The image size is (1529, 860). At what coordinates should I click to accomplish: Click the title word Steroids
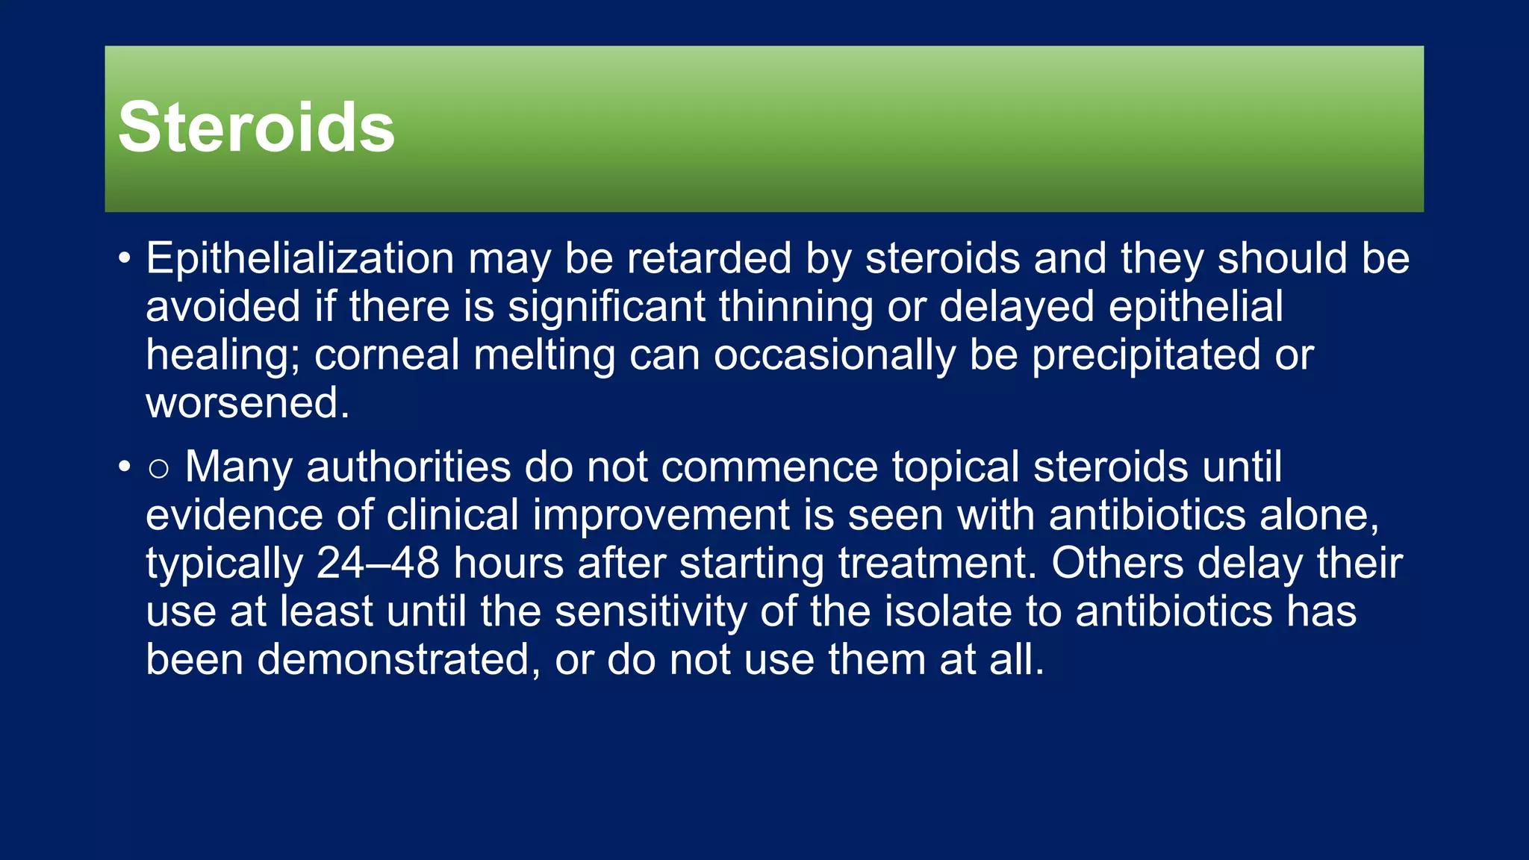pos(256,128)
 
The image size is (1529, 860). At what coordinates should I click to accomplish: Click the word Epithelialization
pos(299,259)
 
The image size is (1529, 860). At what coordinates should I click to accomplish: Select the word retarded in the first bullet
pos(709,259)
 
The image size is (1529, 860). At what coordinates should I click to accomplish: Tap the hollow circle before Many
pos(158,469)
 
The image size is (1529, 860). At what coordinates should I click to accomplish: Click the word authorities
pos(408,467)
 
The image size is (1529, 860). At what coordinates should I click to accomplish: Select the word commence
pos(769,469)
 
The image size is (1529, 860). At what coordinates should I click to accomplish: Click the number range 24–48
pos(378,563)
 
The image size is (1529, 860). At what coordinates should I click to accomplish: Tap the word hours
pos(508,563)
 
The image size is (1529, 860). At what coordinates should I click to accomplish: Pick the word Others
pos(1117,563)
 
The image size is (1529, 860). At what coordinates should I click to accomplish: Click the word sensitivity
pos(650,612)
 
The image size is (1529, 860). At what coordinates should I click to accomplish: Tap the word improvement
pos(661,516)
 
